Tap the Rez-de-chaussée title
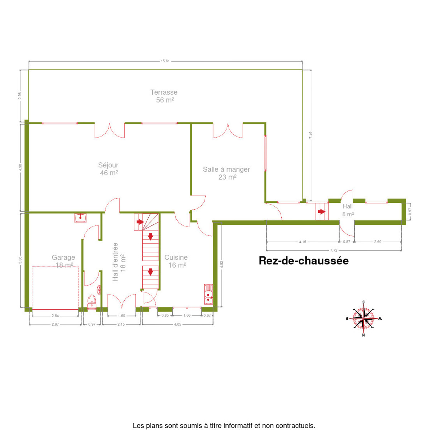[x=304, y=261]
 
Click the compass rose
[x=363, y=319]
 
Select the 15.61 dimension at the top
[x=165, y=61]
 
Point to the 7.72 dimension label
[x=334, y=250]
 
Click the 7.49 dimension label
[x=311, y=135]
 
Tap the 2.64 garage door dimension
[x=55, y=316]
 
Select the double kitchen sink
[x=209, y=294]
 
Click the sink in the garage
[x=80, y=218]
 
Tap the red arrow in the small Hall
[x=321, y=211]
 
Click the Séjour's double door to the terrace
[x=110, y=130]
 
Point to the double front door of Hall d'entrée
[x=122, y=301]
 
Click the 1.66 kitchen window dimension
[x=187, y=315]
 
